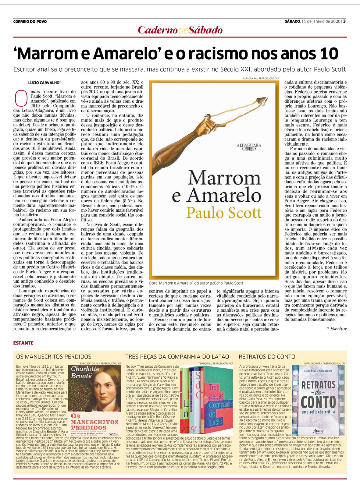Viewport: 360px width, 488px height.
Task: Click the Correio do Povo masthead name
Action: [x=30, y=22]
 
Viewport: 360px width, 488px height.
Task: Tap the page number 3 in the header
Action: [x=344, y=21]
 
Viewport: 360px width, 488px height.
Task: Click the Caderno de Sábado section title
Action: [x=180, y=30]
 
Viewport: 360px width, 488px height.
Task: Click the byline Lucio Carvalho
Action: [x=44, y=83]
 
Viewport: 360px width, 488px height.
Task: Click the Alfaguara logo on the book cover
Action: [x=249, y=146]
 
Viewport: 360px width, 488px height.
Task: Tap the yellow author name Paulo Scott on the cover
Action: [x=224, y=212]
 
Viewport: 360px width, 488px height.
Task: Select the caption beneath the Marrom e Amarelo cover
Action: [x=196, y=283]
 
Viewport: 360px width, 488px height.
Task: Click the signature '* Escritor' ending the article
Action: [x=337, y=329]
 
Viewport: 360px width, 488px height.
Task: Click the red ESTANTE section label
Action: [x=23, y=343]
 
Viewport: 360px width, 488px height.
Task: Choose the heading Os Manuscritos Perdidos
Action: [x=54, y=357]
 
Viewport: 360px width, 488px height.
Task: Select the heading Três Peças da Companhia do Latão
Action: [x=177, y=357]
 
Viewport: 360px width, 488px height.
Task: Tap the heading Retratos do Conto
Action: [x=267, y=357]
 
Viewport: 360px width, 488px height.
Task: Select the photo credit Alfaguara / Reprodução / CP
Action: [x=261, y=79]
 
